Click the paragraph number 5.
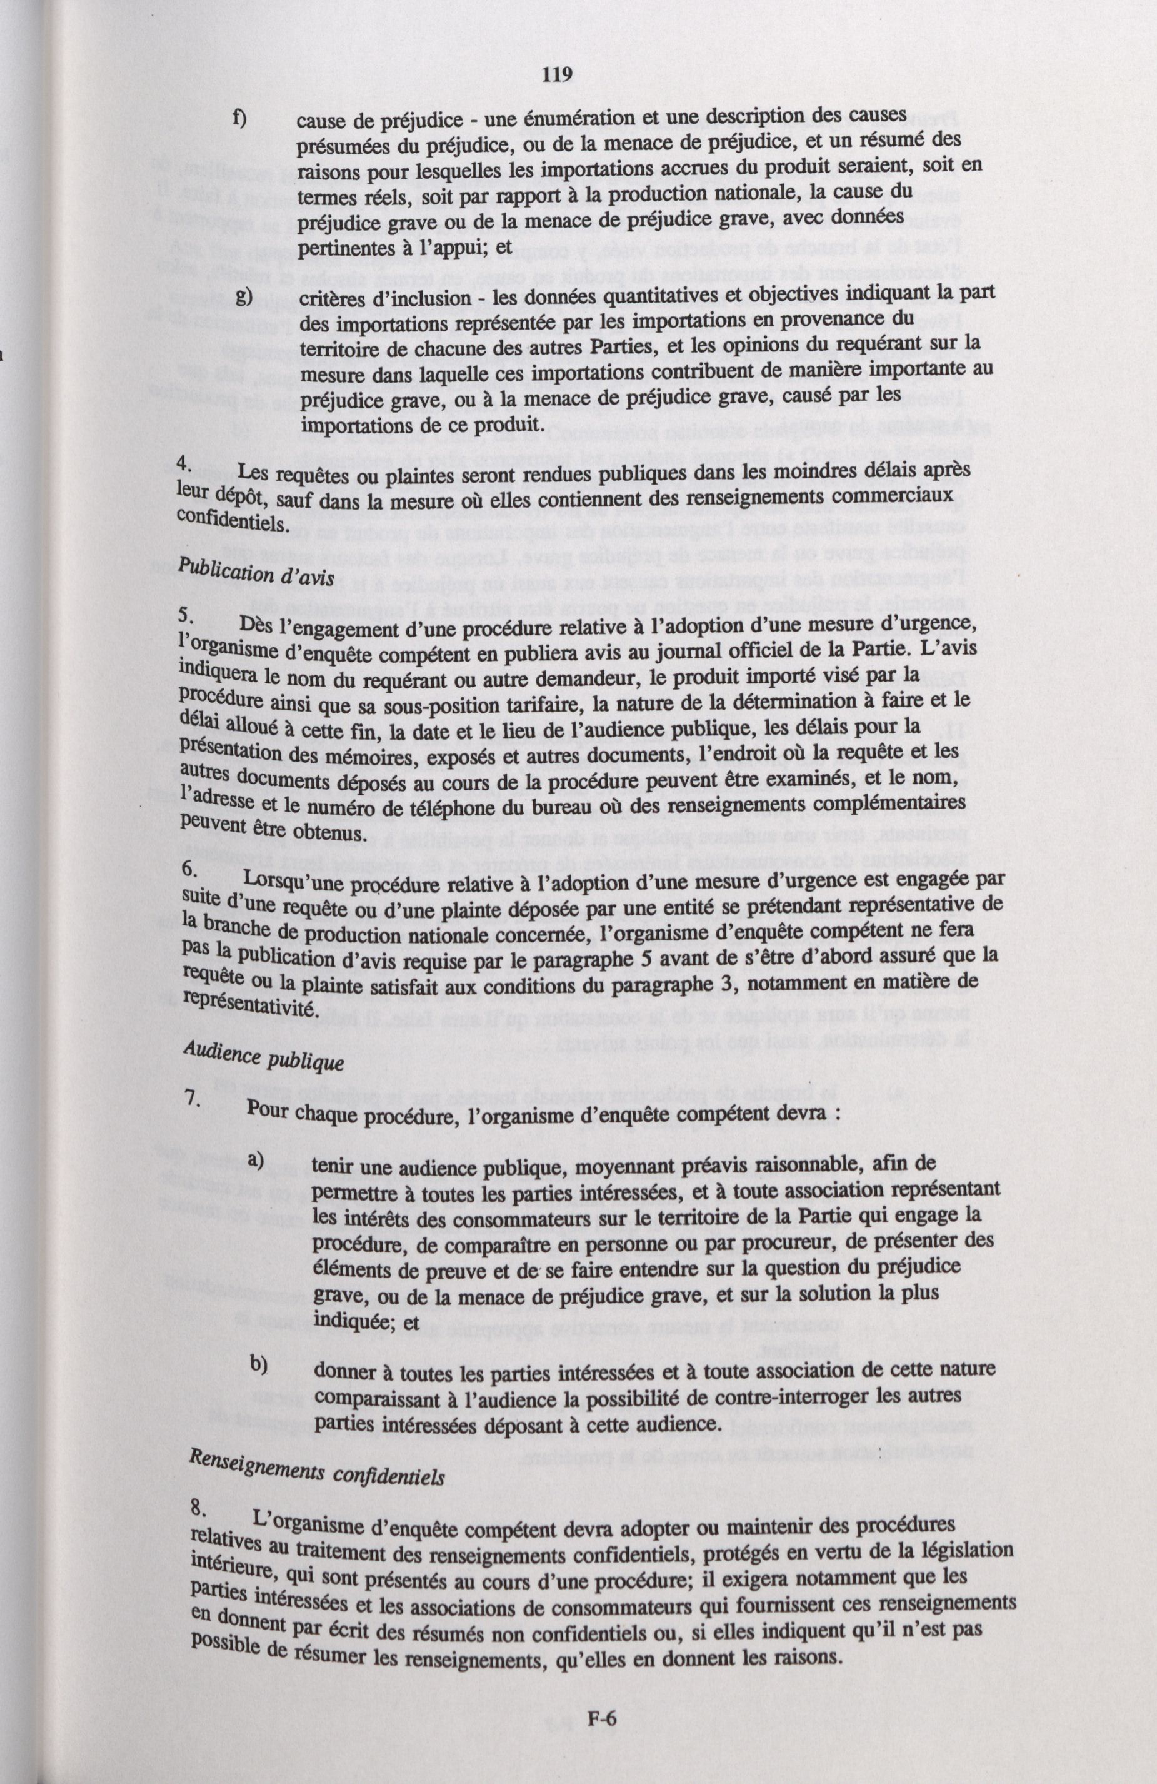click(x=188, y=616)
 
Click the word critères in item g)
click(x=327, y=298)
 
